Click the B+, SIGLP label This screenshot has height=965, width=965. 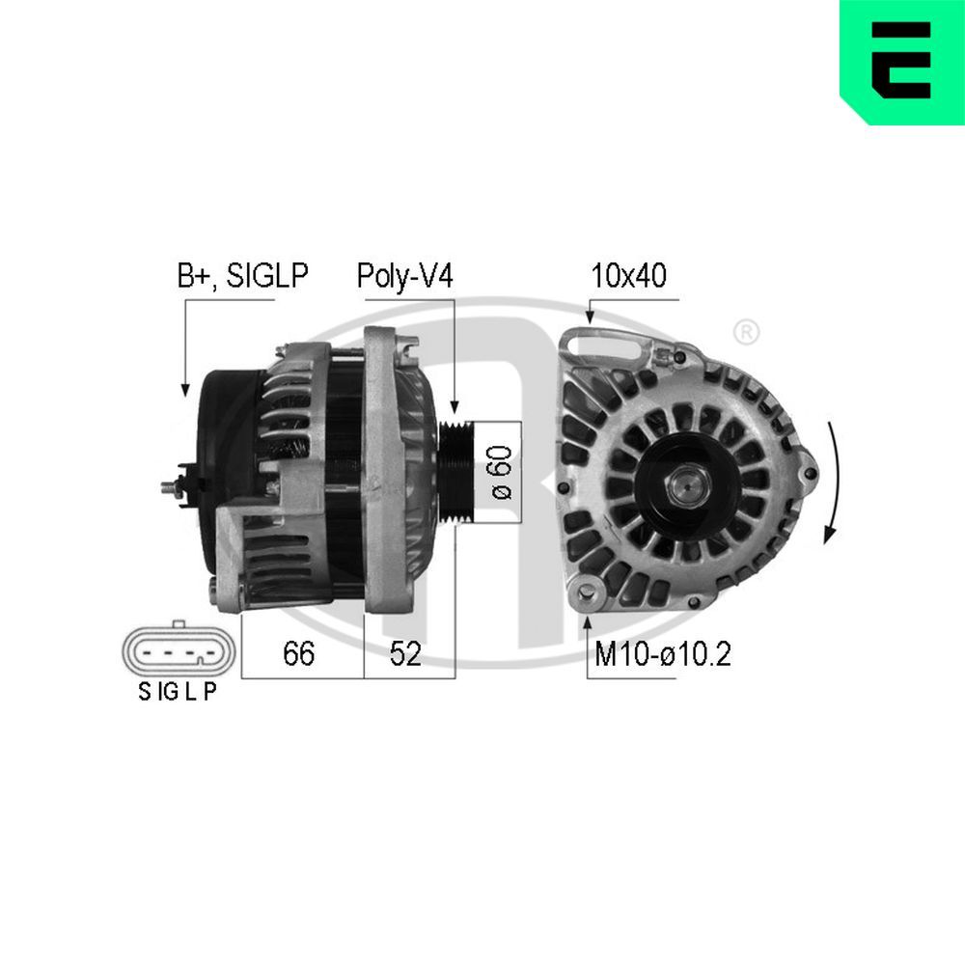(x=241, y=277)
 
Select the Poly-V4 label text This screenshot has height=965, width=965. (x=404, y=277)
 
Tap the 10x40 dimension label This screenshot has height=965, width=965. (x=629, y=277)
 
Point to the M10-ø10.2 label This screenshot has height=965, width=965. (x=662, y=655)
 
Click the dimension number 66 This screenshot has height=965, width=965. (x=298, y=654)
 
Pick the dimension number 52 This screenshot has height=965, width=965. (x=405, y=654)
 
